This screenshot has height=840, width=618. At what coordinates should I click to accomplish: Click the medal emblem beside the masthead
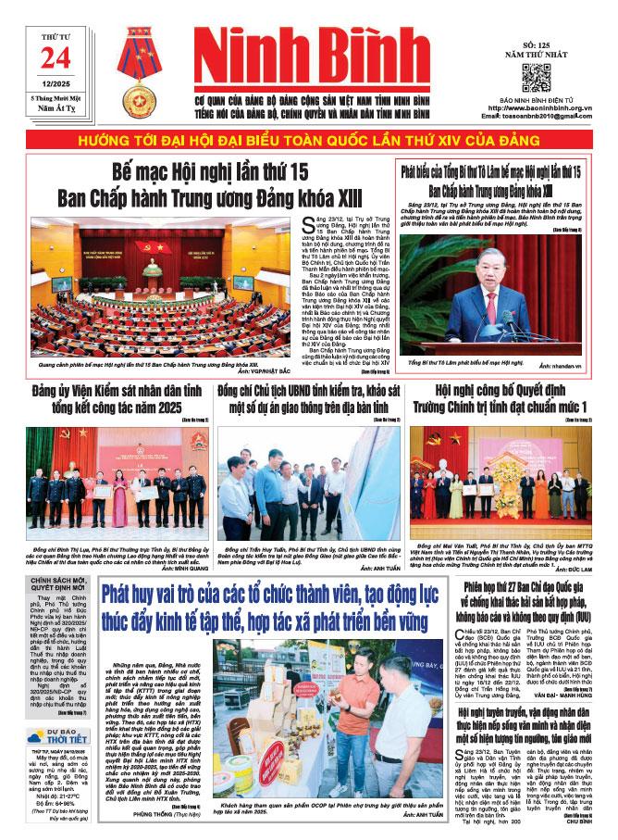[x=141, y=71]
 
